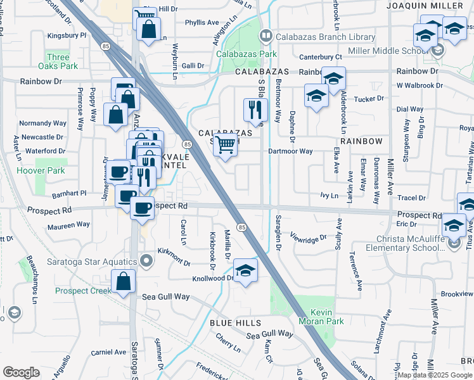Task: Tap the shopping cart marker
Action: tap(226, 145)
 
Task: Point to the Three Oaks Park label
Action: tap(58, 61)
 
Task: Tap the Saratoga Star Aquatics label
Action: tap(93, 262)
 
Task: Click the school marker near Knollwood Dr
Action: tap(245, 270)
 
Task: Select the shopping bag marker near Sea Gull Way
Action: tap(123, 282)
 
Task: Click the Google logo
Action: tap(21, 372)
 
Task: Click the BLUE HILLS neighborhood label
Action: tap(236, 323)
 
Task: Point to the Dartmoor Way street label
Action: tap(290, 151)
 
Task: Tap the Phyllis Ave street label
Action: tap(202, 23)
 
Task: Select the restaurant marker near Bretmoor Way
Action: tap(255, 110)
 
